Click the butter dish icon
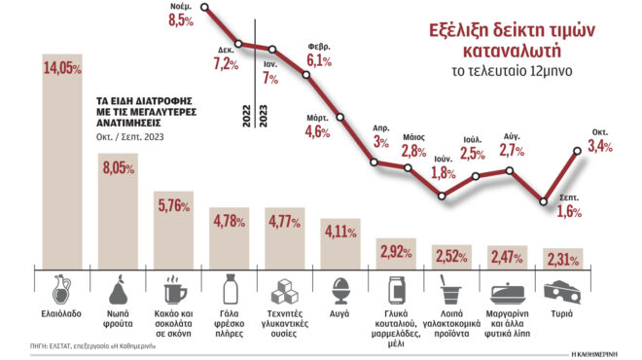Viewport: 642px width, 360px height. (508, 292)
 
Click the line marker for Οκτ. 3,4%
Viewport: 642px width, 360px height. (579, 149)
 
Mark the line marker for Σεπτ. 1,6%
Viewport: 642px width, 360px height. (544, 201)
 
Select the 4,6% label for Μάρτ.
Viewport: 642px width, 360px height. (318, 131)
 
